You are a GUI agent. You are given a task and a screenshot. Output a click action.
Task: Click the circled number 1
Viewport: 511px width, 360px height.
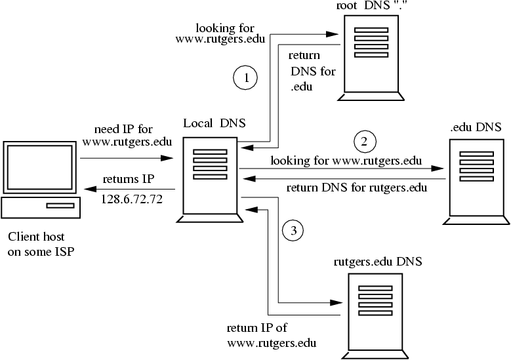[246, 78]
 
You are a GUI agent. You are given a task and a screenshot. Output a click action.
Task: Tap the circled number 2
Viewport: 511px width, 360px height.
[365, 140]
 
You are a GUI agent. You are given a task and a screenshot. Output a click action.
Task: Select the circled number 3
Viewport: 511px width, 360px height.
[294, 230]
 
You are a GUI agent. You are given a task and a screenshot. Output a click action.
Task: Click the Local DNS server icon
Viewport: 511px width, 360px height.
[211, 176]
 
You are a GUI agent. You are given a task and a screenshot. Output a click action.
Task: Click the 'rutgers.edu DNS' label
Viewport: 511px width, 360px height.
[377, 261]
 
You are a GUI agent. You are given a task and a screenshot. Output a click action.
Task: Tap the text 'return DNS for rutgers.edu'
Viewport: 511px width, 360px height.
[358, 189]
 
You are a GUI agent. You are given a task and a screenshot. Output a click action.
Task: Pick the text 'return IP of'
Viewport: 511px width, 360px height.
[257, 329]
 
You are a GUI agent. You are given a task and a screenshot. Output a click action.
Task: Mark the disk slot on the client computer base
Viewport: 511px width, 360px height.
[60, 206]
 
